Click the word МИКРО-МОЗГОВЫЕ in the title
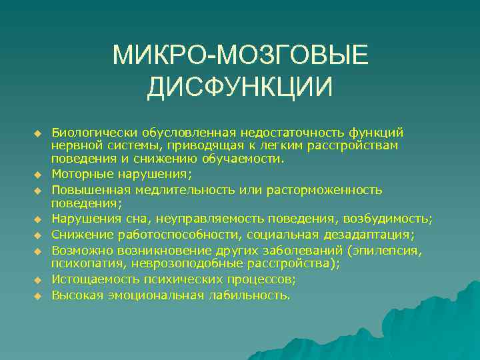(240, 56)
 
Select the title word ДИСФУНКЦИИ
(240, 88)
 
